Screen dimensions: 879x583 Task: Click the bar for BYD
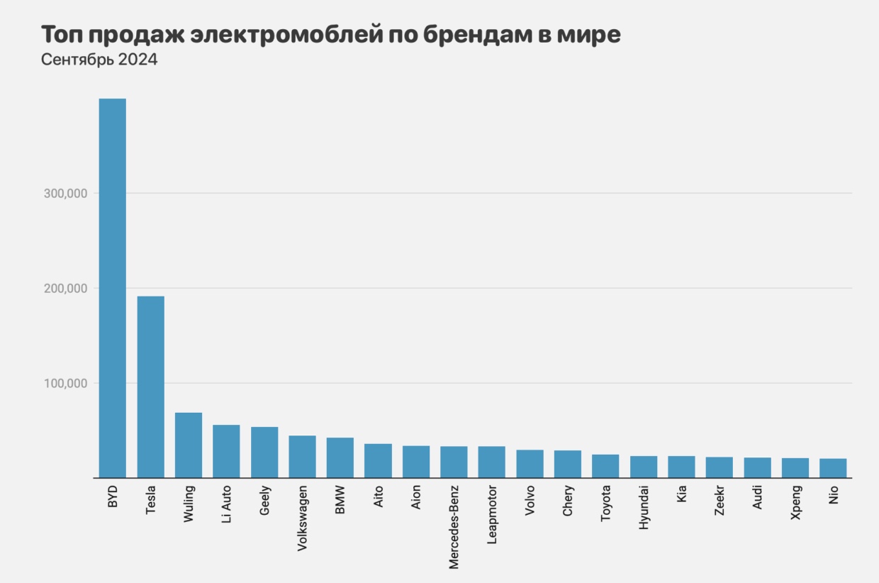112,288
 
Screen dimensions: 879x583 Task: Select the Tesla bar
151,387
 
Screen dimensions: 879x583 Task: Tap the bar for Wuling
189,445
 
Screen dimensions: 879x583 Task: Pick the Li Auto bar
226,452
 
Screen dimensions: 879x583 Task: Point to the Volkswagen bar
302,457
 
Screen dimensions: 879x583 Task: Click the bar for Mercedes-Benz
454,462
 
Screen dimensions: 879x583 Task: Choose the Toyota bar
605,466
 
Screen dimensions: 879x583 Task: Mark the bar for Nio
833,468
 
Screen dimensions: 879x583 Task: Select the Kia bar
682,467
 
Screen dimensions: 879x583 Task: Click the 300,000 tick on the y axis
65,194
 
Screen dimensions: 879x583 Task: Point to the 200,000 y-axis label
65,289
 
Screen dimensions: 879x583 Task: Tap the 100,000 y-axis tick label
65,384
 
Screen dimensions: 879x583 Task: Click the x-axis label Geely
265,500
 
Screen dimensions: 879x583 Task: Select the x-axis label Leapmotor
492,515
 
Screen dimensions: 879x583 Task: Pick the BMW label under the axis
340,500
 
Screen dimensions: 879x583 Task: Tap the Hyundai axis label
644,508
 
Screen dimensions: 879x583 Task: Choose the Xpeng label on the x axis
796,503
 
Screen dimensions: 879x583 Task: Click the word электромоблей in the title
287,35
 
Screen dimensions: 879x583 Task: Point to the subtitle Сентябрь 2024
99,60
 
